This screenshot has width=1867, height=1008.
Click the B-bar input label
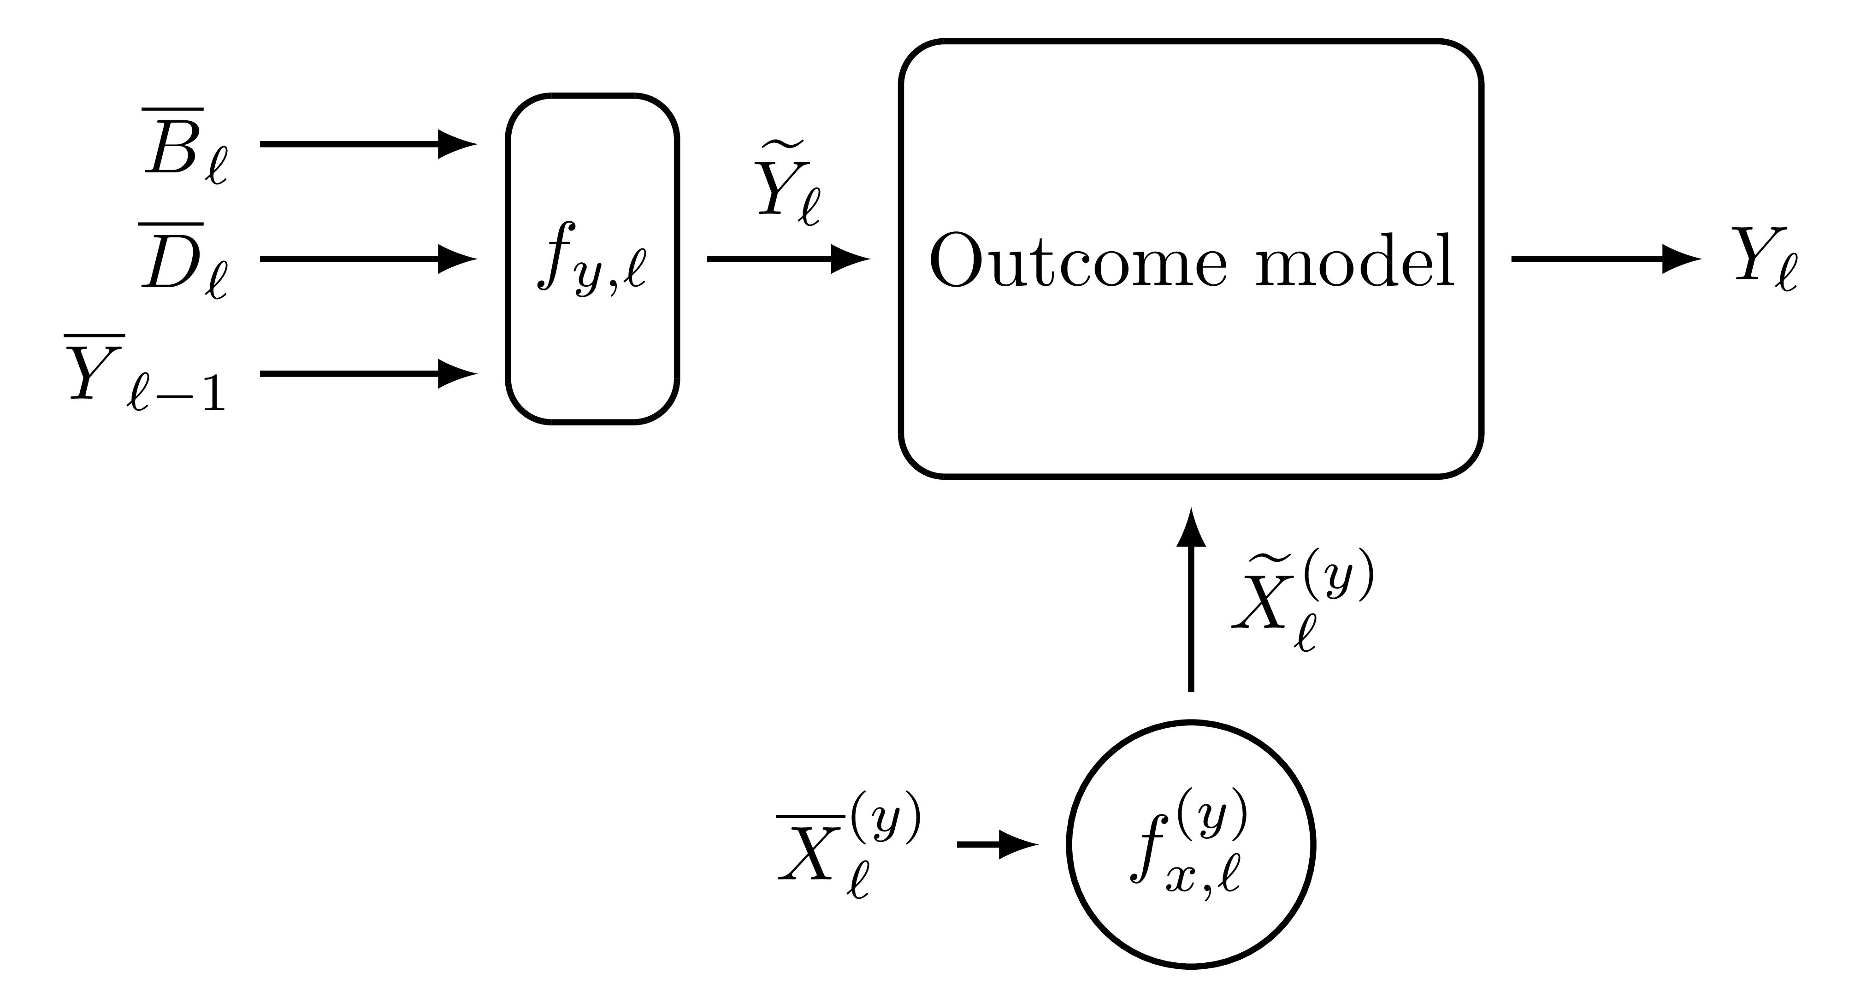point(185,145)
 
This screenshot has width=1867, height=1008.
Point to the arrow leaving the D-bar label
point(366,259)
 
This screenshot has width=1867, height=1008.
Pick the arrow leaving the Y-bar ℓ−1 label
point(366,374)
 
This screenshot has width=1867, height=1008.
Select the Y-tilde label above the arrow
point(789,190)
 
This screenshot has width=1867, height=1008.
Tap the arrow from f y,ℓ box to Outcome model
point(786,259)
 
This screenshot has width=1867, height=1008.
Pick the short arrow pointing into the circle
point(997,844)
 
